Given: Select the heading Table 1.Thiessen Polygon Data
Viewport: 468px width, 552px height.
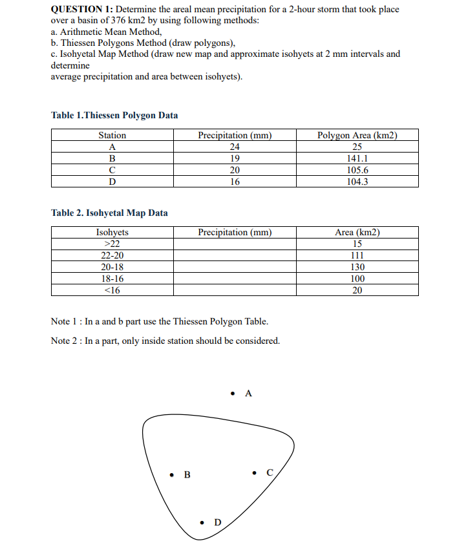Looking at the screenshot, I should point(114,115).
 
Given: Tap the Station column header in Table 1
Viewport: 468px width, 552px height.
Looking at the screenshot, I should point(112,135).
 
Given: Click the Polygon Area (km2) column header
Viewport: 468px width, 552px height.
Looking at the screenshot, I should point(357,135).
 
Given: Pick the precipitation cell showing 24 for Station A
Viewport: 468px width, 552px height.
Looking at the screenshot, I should point(235,147).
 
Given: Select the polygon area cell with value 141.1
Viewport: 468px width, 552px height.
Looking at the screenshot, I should point(357,158).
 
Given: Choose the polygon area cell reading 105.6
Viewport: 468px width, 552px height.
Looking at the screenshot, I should point(357,170).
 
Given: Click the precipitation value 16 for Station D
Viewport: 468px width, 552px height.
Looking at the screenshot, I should point(235,182).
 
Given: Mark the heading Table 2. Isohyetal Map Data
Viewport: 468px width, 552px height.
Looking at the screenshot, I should point(109,213).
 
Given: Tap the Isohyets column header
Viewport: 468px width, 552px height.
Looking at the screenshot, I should point(112,232).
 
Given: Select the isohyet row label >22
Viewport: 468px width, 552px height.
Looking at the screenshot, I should point(112,244).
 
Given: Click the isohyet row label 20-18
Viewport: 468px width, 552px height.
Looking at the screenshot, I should point(112,267).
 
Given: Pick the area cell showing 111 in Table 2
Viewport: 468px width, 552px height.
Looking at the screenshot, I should point(357,255).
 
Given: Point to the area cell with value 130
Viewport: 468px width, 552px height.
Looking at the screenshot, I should point(357,267).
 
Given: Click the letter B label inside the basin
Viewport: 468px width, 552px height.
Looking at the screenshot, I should point(187,476).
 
